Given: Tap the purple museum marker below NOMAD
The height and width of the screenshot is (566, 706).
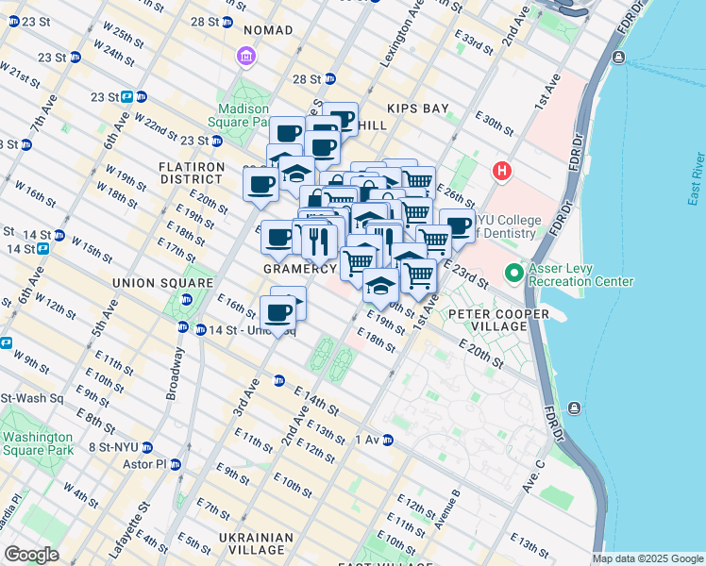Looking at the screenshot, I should [246, 58].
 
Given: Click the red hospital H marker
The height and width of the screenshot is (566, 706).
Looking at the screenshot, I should [503, 172].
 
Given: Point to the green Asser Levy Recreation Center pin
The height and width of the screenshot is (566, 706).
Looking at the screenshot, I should [514, 274].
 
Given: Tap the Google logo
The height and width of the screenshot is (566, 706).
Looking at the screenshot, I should [31, 555].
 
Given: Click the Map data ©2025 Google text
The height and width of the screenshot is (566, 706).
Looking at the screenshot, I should [647, 558].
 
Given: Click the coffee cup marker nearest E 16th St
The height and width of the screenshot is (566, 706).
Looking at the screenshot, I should [277, 311].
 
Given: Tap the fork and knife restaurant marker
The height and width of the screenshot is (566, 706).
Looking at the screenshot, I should [319, 238].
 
